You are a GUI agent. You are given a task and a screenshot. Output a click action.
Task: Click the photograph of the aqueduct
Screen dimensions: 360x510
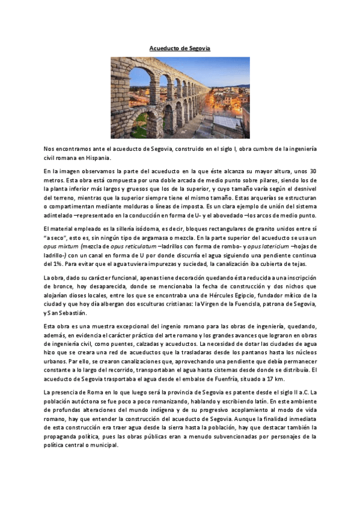coord(180,97)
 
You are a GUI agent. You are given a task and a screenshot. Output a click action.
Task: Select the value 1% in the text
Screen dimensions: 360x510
coord(56,263)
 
